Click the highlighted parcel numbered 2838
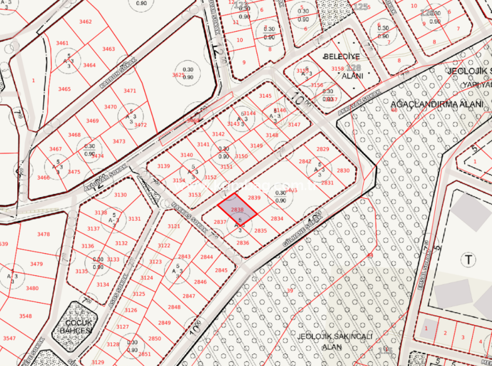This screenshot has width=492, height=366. pyautogui.click(x=237, y=210)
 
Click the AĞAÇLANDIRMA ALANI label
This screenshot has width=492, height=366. pyautogui.click(x=437, y=104)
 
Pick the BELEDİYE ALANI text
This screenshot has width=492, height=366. pyautogui.click(x=342, y=66)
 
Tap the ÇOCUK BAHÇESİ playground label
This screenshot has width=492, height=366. pyautogui.click(x=75, y=327)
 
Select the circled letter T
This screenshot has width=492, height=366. pyautogui.click(x=468, y=260)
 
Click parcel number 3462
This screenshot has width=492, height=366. pyautogui.click(x=85, y=22)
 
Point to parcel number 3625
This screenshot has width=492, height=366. pyautogui.click(x=178, y=75)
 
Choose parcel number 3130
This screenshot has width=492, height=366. pyautogui.click(x=120, y=195)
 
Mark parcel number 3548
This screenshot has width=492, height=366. pyautogui.click(x=25, y=316)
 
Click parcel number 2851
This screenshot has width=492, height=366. pyautogui.click(x=144, y=354)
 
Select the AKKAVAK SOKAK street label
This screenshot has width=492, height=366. pyautogui.click(x=360, y=103)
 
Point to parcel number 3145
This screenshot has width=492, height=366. pyautogui.click(x=265, y=96)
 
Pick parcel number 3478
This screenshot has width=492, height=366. pyautogui.click(x=43, y=234)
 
